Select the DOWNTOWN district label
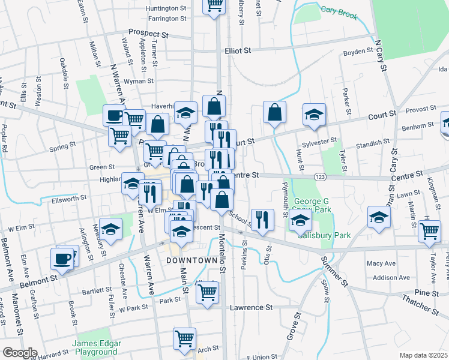(190, 261)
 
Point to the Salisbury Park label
(325, 235)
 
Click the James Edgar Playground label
(97, 347)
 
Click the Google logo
(20, 353)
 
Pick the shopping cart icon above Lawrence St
(207, 292)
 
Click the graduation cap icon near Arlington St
(110, 230)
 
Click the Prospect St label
(147, 34)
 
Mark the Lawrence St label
(251, 307)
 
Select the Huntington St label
(166, 8)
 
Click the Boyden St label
(358, 52)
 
